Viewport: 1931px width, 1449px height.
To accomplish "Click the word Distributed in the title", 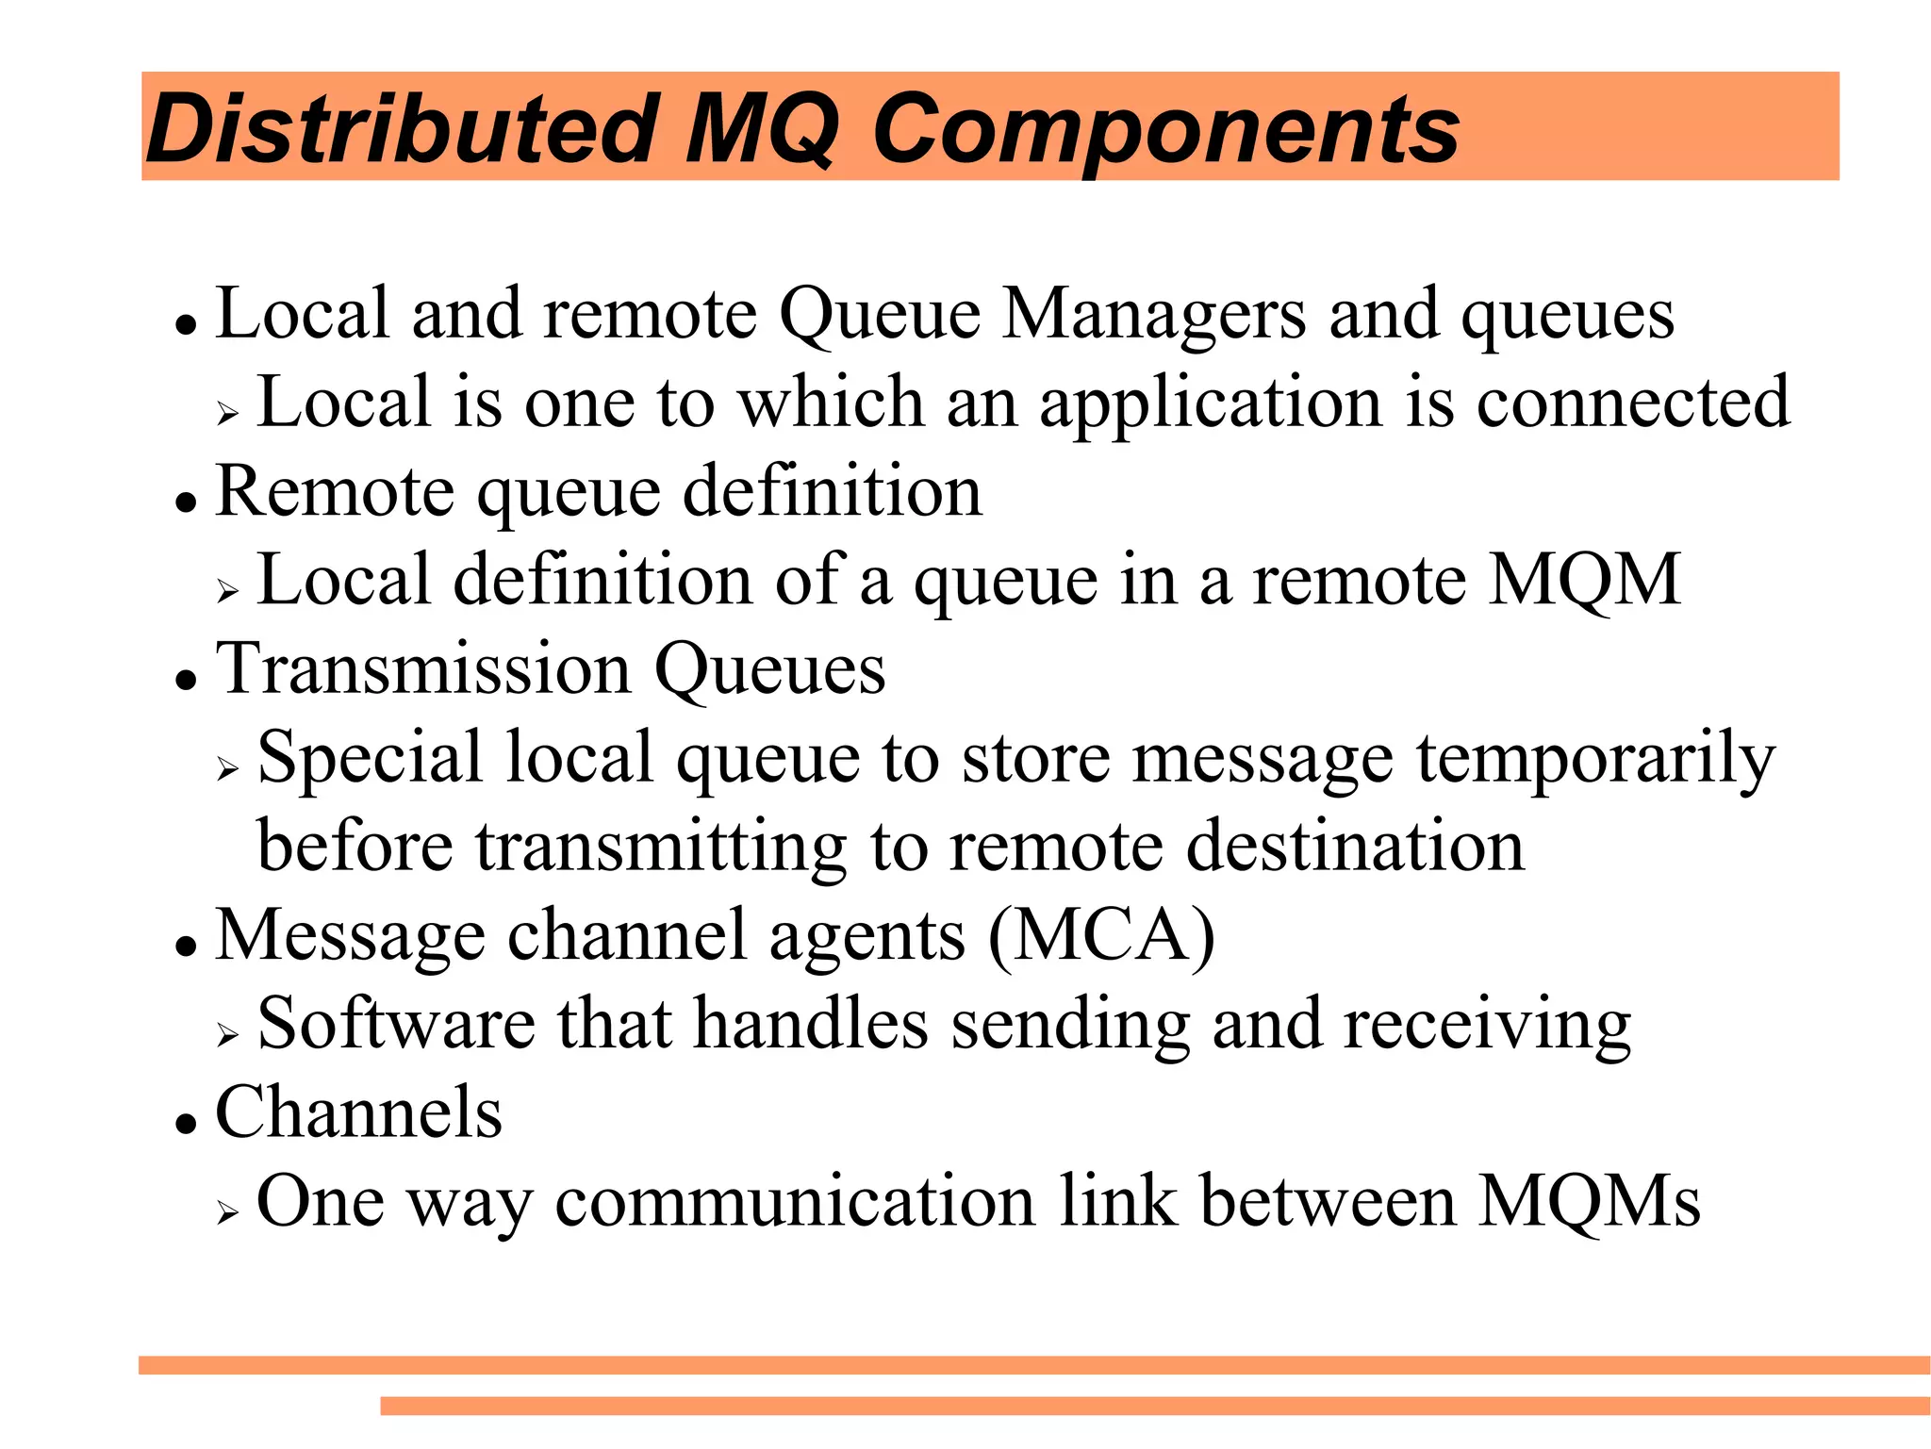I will (x=402, y=128).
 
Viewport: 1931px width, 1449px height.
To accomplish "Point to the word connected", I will (x=1632, y=403).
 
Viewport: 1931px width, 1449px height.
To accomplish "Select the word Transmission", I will (x=423, y=669).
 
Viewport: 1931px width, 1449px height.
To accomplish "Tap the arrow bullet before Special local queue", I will (x=227, y=768).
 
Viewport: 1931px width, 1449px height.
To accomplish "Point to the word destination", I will (x=1355, y=847).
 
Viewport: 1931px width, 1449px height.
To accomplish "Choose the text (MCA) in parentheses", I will (x=1101, y=935).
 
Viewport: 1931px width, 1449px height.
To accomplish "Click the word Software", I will (x=396, y=1024).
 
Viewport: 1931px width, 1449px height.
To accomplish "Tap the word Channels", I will (x=358, y=1112).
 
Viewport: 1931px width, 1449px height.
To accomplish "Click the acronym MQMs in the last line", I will (x=1588, y=1203).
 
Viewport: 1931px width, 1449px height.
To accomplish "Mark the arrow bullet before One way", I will (x=227, y=1212).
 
